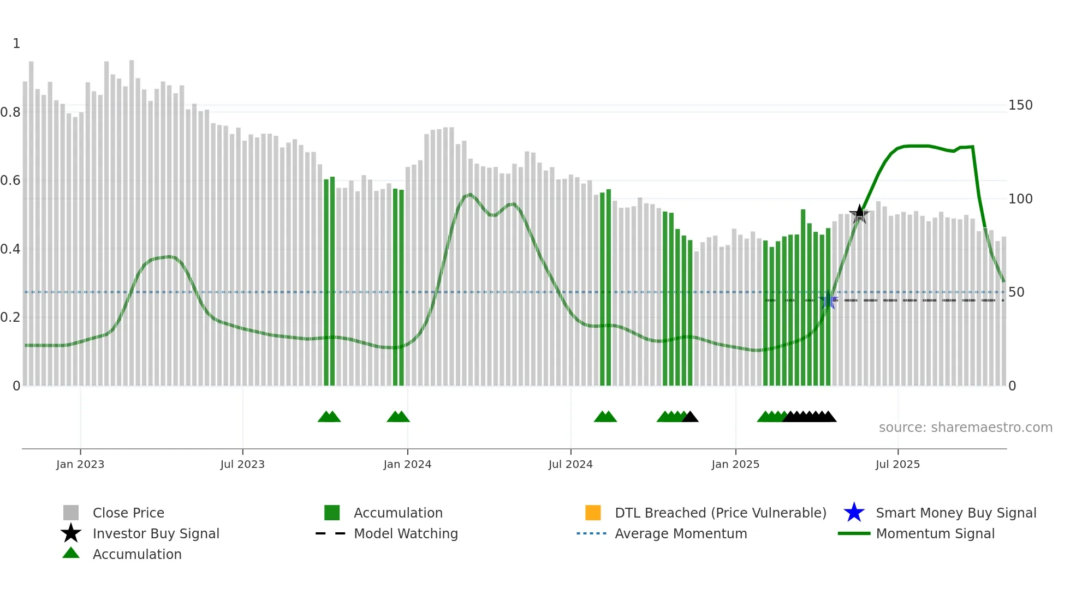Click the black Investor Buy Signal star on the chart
coord(859,214)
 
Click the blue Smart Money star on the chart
coord(828,300)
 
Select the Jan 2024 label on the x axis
coord(407,464)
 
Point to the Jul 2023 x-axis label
coord(242,464)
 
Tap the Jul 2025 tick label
coord(897,464)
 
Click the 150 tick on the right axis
coord(1020,105)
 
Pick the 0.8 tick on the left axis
coord(11,112)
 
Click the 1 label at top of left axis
coord(16,44)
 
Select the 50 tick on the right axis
coord(1016,292)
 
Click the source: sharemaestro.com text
coord(965,428)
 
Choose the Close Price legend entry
coord(128,513)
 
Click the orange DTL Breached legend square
coord(593,513)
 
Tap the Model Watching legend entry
coord(405,533)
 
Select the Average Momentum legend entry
coord(680,533)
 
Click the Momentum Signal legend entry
coord(935,533)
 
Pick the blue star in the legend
coord(854,513)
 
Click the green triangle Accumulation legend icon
coord(71,553)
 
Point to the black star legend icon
coord(71,533)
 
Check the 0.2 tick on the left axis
coord(11,317)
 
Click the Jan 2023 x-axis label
coord(80,464)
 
